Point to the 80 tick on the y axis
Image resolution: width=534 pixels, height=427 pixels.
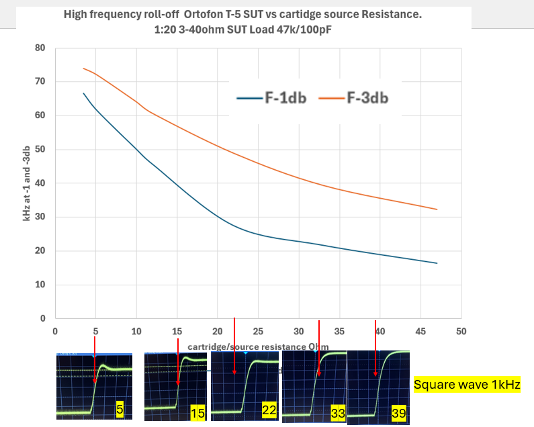pyautogui.click(x=40, y=48)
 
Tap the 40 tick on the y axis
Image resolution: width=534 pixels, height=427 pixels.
pyautogui.click(x=40, y=183)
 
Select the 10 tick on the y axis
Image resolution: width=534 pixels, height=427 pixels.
pyautogui.click(x=40, y=285)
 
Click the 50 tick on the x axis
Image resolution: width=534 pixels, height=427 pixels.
pyautogui.click(x=461, y=332)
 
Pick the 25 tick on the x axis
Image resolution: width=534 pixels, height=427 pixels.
pyautogui.click(x=258, y=332)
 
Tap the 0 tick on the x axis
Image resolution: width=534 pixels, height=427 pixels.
pyautogui.click(x=55, y=332)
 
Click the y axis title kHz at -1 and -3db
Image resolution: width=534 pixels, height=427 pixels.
pyautogui.click(x=27, y=183)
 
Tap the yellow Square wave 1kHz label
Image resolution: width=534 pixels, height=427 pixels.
pyautogui.click(x=467, y=385)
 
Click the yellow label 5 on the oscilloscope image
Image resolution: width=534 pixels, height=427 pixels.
pyautogui.click(x=119, y=408)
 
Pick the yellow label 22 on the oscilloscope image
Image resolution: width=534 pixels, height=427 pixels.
pyautogui.click(x=269, y=410)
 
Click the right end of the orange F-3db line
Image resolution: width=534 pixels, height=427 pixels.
pyautogui.click(x=437, y=209)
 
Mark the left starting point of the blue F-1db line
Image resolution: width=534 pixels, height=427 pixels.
pyautogui.click(x=83, y=93)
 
